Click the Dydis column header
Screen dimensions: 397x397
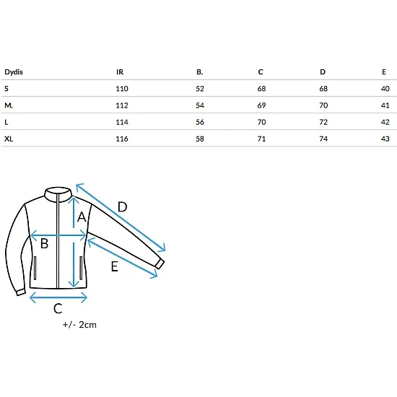tap(14, 72)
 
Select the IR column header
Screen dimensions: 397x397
tap(120, 72)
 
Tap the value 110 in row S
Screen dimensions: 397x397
tap(122, 89)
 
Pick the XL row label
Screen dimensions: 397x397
tap(9, 139)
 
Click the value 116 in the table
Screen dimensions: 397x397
tap(122, 139)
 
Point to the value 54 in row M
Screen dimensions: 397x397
tap(200, 105)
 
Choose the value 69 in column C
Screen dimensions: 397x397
tap(261, 105)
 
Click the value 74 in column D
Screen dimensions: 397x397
tap(323, 139)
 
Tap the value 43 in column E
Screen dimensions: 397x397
tap(385, 139)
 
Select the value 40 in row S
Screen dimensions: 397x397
tap(385, 89)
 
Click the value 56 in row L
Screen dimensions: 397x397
tap(200, 122)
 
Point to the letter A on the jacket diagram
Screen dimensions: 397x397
tap(82, 217)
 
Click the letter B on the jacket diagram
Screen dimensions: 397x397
tap(44, 243)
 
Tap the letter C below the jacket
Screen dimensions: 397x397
tap(58, 308)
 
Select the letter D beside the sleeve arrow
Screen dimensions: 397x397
tap(122, 207)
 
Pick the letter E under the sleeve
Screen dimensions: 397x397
tap(115, 266)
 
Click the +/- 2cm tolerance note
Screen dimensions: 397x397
tap(79, 325)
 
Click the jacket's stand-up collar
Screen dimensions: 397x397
tap(58, 194)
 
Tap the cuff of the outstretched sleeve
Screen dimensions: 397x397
tap(160, 263)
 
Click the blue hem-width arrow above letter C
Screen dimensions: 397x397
tap(58, 297)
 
